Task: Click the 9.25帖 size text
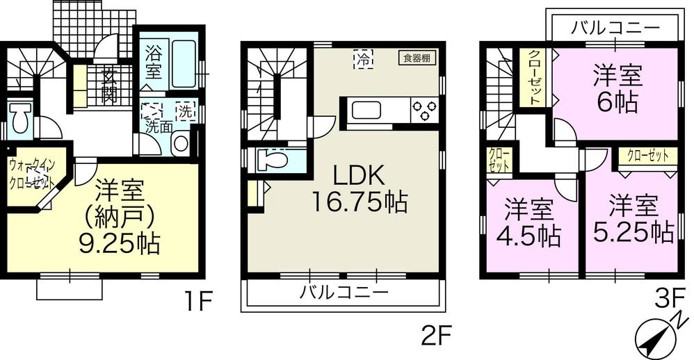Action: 120,243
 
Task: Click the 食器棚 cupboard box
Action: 416,58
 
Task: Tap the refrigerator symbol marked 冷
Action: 363,60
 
